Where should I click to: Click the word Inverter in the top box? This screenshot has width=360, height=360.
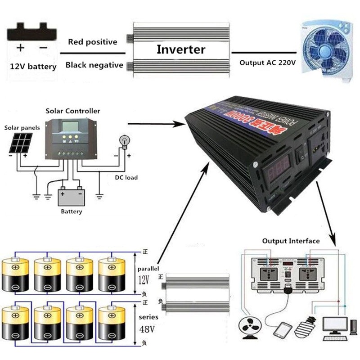pos(181,49)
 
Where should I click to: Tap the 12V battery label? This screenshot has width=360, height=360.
pos(33,67)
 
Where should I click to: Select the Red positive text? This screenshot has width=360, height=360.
pos(93,42)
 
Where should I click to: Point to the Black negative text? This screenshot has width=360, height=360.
pos(94,65)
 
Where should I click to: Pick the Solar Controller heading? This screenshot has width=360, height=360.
pos(73,111)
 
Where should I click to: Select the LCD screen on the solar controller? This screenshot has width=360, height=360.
pos(70,128)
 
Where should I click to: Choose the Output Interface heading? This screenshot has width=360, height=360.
pos(291,241)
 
